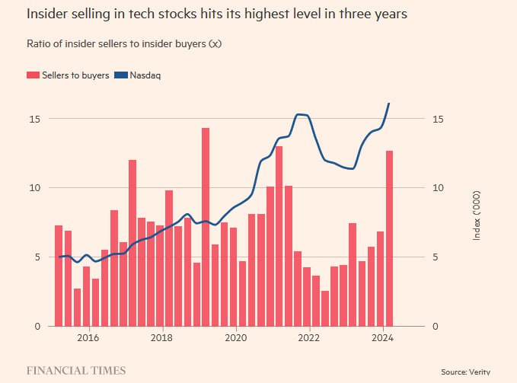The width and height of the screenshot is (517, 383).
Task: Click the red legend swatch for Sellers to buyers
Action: click(x=33, y=75)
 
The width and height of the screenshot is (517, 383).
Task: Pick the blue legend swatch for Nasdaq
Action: click(x=121, y=75)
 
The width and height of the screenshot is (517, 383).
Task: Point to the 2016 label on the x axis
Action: click(x=88, y=337)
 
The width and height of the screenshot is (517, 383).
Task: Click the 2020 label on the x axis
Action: click(x=236, y=337)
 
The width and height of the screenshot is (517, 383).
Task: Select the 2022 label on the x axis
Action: click(x=309, y=337)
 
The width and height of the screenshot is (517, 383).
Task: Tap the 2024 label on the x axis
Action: click(x=383, y=337)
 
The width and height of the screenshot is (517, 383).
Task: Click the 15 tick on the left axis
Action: click(x=34, y=119)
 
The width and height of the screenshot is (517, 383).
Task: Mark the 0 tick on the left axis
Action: click(x=37, y=327)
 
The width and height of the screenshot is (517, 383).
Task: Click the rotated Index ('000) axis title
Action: click(x=477, y=215)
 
